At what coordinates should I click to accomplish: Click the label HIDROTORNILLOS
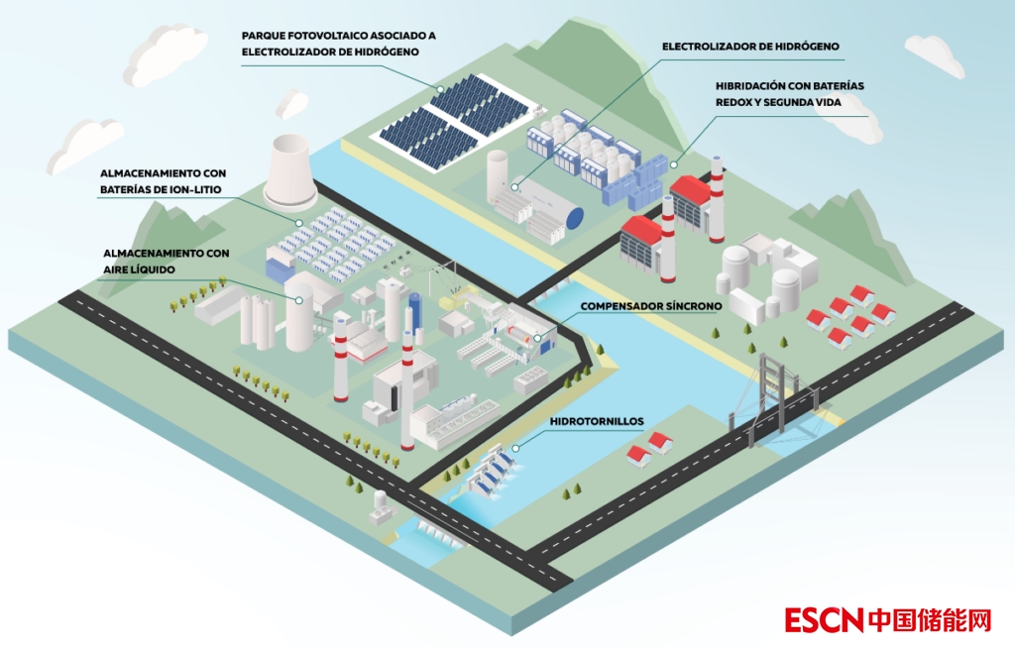597,421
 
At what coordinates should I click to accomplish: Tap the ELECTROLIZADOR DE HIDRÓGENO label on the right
750,46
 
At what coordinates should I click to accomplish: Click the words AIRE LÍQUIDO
139,270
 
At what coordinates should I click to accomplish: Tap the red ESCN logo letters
824,620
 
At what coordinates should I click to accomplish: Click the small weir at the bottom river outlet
435,536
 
